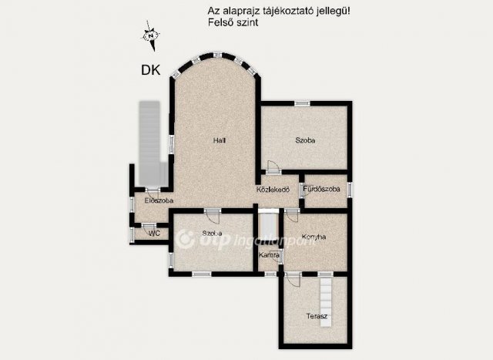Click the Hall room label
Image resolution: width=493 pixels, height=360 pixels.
(x=219, y=140)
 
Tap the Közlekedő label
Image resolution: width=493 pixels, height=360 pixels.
(x=272, y=190)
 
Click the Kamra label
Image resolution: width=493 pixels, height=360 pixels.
(x=269, y=254)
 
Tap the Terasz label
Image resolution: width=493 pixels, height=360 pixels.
(x=317, y=317)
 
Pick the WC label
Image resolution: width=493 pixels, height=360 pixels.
(x=154, y=232)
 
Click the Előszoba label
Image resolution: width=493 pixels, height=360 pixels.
(x=159, y=200)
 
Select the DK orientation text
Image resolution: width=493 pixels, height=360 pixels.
(x=150, y=70)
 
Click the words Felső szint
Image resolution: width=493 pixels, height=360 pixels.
(x=233, y=23)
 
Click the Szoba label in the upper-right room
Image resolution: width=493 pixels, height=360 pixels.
(x=306, y=140)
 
